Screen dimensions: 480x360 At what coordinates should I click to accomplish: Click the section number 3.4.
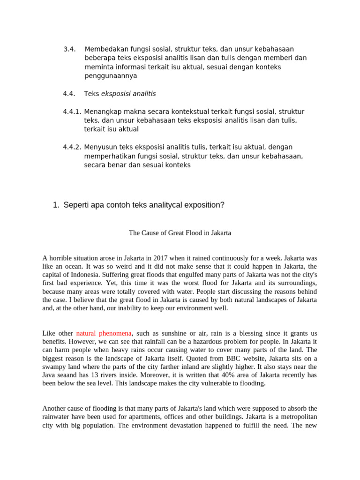(x=69, y=49)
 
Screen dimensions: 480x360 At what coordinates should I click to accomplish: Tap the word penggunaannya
(x=111, y=76)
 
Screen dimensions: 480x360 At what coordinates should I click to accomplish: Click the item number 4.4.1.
(x=72, y=112)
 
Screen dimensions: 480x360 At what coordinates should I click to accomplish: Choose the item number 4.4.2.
(x=72, y=147)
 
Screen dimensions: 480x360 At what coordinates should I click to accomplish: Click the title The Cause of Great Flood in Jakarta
(x=180, y=232)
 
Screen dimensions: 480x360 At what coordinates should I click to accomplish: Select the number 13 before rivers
(x=87, y=375)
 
